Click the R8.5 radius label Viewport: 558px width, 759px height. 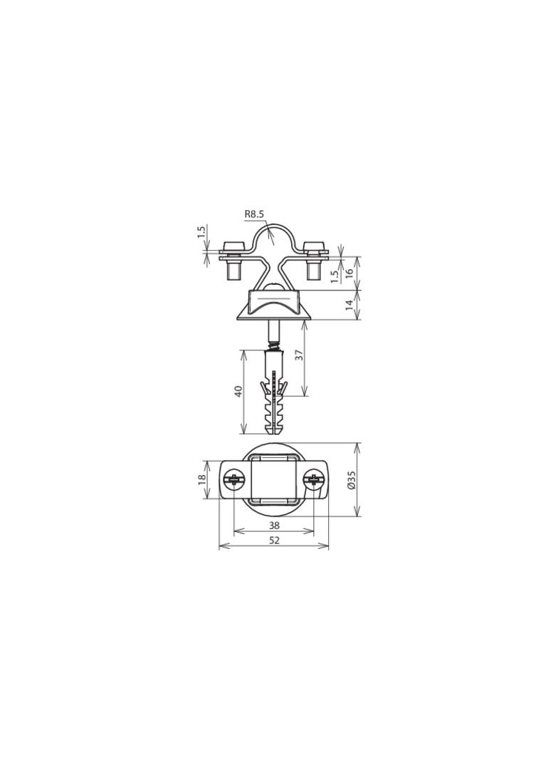click(x=255, y=213)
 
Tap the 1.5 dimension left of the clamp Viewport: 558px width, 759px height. click(x=201, y=232)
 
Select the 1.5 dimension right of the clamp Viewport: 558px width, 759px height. click(x=335, y=276)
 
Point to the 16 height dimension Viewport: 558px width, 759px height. click(x=349, y=273)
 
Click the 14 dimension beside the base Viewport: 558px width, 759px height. click(x=349, y=305)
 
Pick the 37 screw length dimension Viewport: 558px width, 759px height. click(x=300, y=354)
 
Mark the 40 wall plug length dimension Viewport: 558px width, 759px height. click(x=239, y=392)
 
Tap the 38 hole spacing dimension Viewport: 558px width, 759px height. click(x=274, y=525)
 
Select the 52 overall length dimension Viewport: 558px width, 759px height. click(x=274, y=540)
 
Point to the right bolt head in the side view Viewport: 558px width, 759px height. click(x=313, y=247)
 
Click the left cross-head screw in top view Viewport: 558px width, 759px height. click(x=233, y=481)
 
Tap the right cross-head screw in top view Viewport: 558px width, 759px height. click(x=313, y=481)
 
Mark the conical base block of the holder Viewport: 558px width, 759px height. click(x=273, y=306)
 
